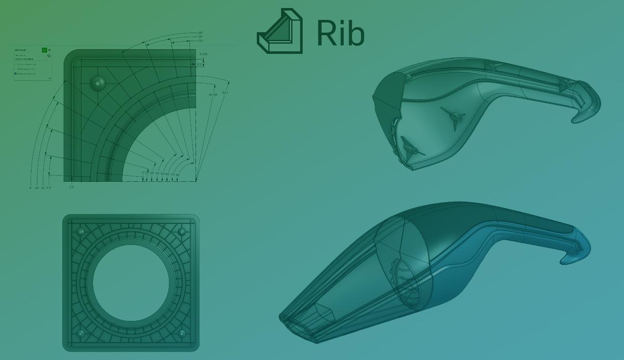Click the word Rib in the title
pyautogui.click(x=341, y=33)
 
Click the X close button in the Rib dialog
pyautogui.click(x=50, y=50)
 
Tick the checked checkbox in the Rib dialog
pyautogui.click(x=16, y=74)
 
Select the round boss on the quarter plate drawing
pyautogui.click(x=97, y=82)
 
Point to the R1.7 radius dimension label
pyautogui.click(x=225, y=93)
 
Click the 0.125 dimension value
pyautogui.click(x=203, y=54)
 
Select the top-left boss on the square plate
pyautogui.click(x=80, y=231)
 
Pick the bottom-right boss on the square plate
pyautogui.click(x=181, y=333)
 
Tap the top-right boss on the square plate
pyautogui.click(x=181, y=231)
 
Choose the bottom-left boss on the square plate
pyautogui.click(x=80, y=333)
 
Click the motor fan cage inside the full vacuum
pyautogui.click(x=404, y=271)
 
